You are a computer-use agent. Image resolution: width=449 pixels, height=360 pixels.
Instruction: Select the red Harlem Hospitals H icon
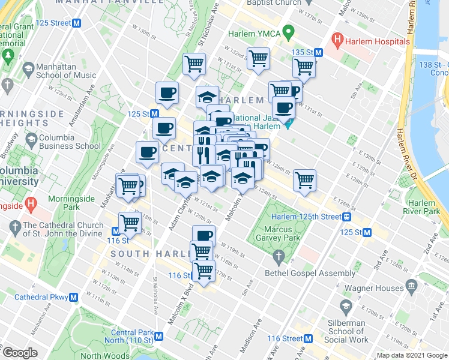click(x=338, y=42)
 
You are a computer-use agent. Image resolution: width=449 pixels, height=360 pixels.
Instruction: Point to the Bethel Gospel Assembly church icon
click(x=277, y=259)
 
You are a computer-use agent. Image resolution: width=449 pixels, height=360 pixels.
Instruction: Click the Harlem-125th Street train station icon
click(x=347, y=217)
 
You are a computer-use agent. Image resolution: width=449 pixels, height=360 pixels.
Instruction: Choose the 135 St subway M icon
click(x=318, y=52)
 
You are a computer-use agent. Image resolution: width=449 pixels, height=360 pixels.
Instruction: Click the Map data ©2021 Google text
click(x=411, y=355)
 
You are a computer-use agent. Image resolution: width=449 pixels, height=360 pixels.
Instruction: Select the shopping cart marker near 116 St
click(x=204, y=271)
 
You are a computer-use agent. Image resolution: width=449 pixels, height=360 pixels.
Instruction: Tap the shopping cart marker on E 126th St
click(x=305, y=180)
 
